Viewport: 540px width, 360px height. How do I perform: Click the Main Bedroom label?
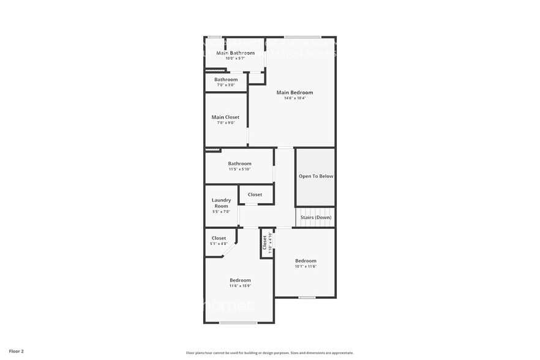294,93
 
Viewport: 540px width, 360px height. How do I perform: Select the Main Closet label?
225,117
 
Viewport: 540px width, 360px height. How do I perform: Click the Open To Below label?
316,176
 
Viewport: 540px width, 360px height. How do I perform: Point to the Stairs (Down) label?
316,217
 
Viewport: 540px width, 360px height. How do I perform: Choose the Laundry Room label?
221,203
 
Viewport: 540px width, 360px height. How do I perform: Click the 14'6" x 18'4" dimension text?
294,99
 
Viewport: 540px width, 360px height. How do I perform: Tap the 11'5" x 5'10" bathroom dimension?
239,169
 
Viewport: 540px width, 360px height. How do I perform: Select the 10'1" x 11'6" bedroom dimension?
306,266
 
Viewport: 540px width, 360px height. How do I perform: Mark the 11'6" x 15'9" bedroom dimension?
240,286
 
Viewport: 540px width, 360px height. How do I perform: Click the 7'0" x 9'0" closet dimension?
225,123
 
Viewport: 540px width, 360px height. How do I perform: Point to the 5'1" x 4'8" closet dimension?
219,244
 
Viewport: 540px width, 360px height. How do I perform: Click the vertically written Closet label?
265,242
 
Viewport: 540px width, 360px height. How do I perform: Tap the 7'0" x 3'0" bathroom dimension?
225,85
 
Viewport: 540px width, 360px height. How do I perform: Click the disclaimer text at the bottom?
269,353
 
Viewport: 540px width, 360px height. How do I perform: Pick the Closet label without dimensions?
255,195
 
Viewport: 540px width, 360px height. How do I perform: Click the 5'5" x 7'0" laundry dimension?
221,212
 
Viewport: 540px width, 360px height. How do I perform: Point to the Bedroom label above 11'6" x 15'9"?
240,280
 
